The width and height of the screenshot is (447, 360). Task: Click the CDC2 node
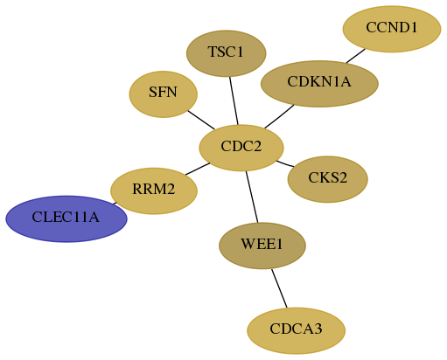point(241,148)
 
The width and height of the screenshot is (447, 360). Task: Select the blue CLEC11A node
point(66,218)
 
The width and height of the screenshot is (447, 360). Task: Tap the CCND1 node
point(392,29)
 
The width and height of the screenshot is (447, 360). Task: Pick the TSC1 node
point(227,53)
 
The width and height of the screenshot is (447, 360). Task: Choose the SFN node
point(164,94)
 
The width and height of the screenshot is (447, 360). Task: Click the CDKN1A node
point(319,84)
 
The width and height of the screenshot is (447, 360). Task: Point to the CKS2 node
point(328,179)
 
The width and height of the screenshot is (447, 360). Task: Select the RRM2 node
point(154,190)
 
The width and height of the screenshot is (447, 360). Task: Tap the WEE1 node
point(262,246)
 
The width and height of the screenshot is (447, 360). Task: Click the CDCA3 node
point(297,330)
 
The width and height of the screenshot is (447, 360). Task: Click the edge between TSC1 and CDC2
point(234,100)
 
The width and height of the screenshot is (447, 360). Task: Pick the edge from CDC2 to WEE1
point(252,197)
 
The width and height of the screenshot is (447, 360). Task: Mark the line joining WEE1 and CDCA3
point(279,288)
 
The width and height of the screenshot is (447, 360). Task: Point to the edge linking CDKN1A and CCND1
point(356,56)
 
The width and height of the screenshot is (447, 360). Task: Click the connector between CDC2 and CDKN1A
point(279,116)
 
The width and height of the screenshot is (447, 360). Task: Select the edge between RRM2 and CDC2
point(198,169)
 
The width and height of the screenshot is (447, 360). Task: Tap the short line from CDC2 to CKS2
point(285,163)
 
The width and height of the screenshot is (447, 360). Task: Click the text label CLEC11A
point(66,218)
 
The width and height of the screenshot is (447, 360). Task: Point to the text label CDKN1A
point(319,82)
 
